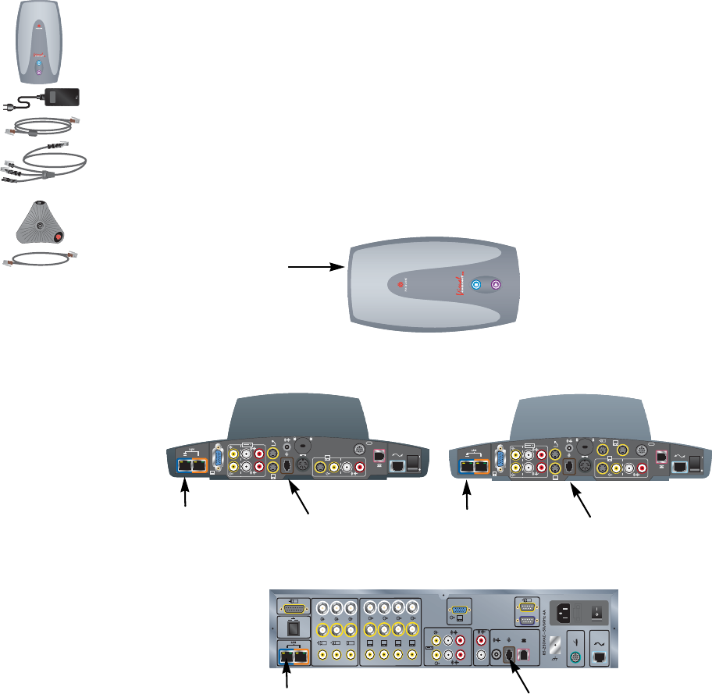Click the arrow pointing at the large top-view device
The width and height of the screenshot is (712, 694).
pyautogui.click(x=315, y=266)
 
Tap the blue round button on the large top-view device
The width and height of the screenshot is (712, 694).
pyautogui.click(x=478, y=286)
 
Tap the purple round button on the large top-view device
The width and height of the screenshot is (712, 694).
pyautogui.click(x=496, y=286)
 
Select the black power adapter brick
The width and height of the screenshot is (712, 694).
pyautogui.click(x=62, y=97)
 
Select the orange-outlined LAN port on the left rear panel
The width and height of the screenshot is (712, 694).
pyautogui.click(x=201, y=466)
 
